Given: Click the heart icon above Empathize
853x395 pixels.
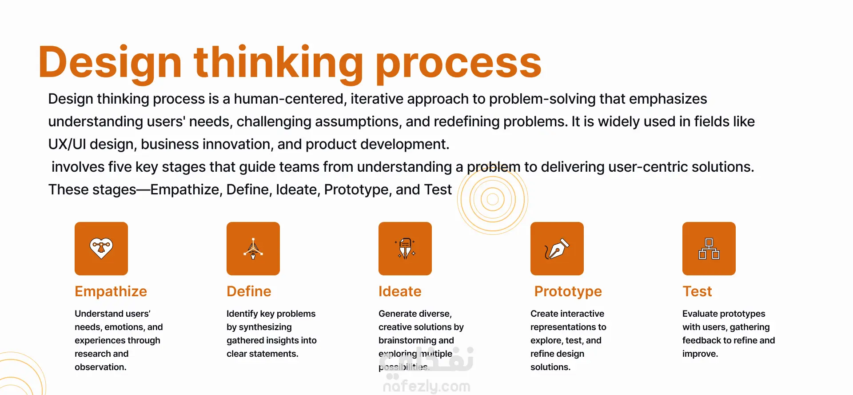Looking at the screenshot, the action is [x=101, y=248].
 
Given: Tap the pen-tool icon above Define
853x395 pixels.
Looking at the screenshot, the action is [x=253, y=249].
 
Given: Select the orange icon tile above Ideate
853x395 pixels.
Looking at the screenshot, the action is [x=405, y=249].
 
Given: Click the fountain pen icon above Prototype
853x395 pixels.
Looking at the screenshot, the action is [x=557, y=249].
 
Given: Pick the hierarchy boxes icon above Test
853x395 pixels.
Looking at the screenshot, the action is [x=709, y=249].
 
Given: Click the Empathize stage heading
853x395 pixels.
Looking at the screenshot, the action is [x=111, y=291].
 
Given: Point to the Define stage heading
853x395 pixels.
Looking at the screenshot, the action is [x=249, y=291].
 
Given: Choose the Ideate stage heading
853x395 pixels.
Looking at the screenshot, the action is [x=400, y=291].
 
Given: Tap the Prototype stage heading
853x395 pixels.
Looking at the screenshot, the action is [x=568, y=291].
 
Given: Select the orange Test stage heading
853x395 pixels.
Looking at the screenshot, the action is [x=697, y=291].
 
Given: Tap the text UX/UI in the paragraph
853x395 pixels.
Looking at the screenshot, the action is [x=67, y=144].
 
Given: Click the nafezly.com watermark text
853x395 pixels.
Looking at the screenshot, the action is [x=426, y=386].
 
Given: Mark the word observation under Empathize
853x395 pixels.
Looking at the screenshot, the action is [x=100, y=367].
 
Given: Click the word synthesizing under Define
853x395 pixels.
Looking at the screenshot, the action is [x=265, y=327].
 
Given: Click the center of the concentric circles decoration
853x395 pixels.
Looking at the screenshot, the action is [x=493, y=199].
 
